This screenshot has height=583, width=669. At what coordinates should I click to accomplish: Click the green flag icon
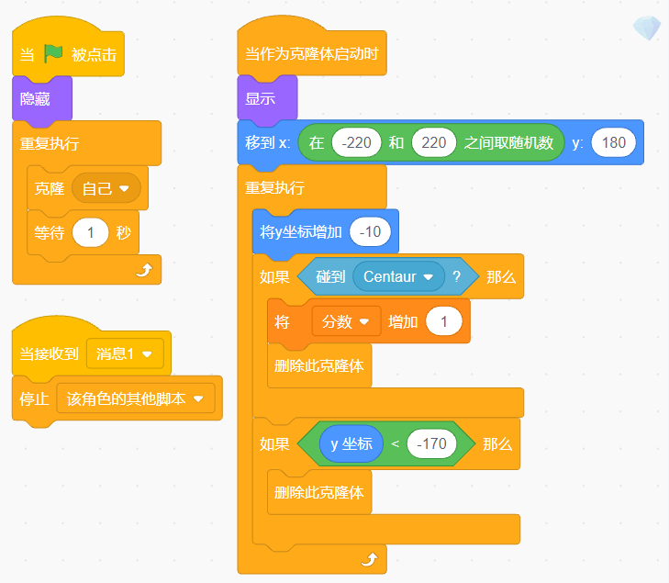pos(54,54)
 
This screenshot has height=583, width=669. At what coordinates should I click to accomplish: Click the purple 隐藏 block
pos(36,98)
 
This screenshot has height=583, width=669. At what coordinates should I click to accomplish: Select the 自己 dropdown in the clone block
pos(106,188)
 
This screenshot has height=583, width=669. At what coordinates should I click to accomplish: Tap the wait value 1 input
pos(90,232)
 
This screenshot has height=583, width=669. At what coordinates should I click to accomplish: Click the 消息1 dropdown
pos(125,353)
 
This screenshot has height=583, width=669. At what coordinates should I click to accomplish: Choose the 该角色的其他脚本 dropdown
pos(134,398)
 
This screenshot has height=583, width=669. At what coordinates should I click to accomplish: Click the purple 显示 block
pos(261,98)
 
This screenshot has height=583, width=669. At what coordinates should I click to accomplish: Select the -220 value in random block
pos(357,142)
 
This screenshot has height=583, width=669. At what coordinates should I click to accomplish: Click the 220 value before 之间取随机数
pos(434,142)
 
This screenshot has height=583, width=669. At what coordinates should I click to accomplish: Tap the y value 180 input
pos(614,142)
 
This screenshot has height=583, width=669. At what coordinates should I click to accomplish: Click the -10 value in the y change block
pos(370,231)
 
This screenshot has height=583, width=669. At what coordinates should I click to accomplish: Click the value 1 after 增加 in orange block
pos(445,321)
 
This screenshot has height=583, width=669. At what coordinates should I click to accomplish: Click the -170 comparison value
pos(431,444)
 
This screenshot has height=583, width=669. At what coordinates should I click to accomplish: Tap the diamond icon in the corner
pos(646,28)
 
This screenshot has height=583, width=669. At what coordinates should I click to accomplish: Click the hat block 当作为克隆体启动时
pos(311,54)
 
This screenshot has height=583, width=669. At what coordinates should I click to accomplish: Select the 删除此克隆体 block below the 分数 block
pos(319,365)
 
